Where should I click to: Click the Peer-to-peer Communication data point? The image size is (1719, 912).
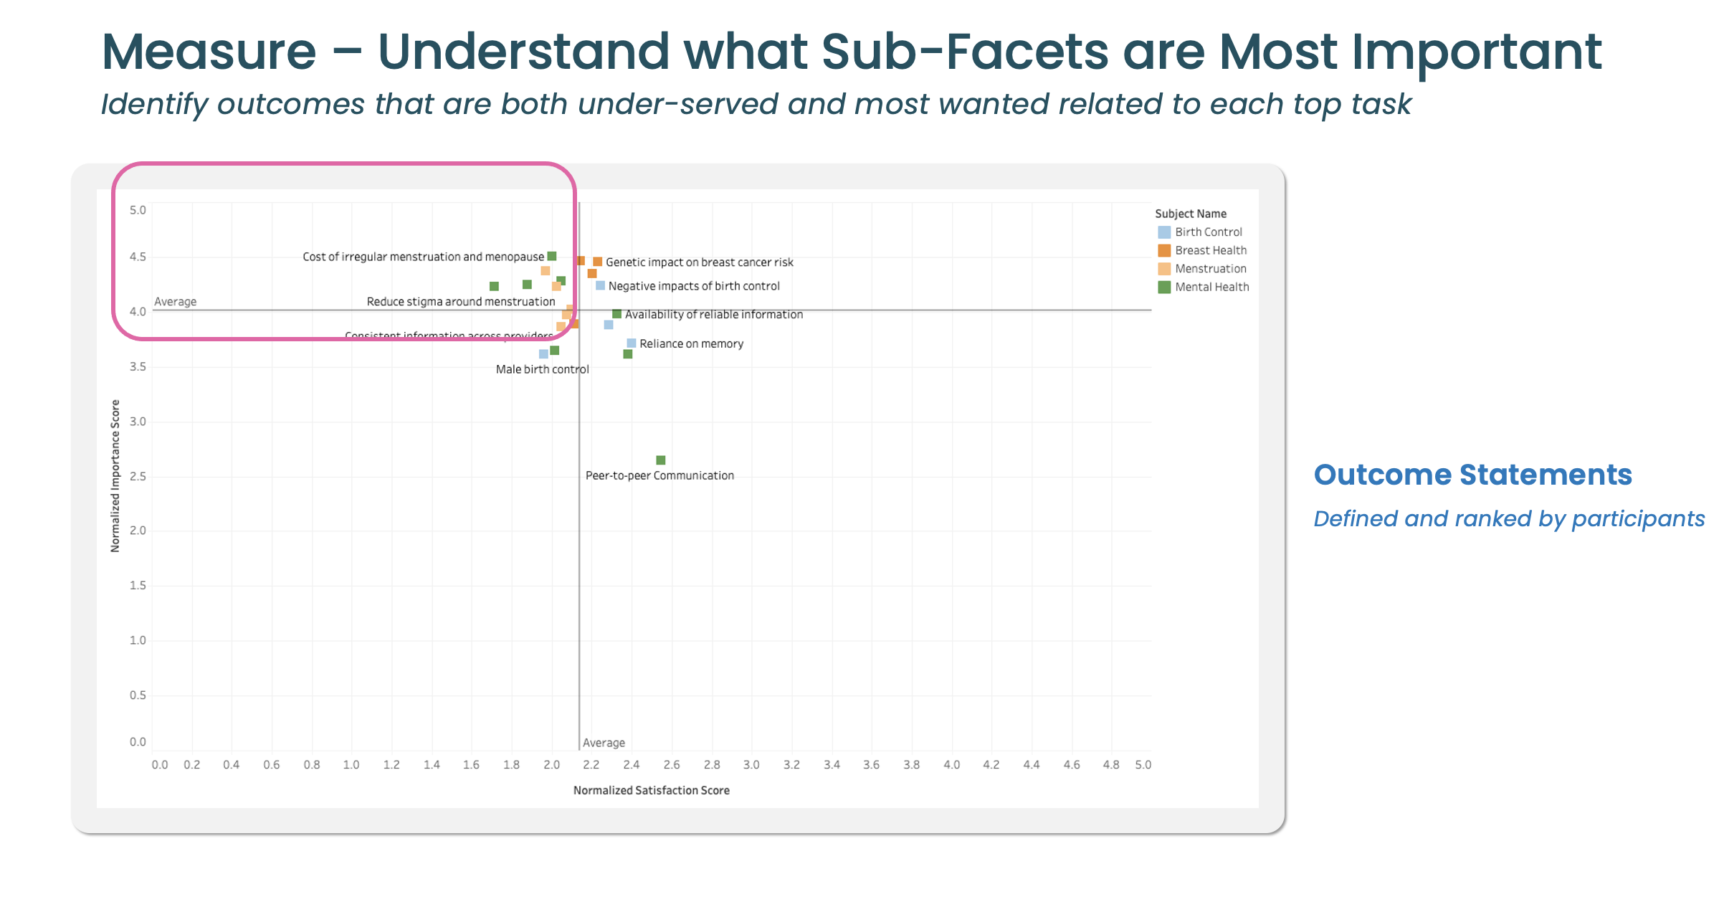coord(660,460)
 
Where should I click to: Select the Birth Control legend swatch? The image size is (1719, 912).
coord(1164,232)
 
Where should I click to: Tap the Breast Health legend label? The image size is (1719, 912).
coord(1211,250)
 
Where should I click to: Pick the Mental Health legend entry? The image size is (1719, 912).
coord(1211,287)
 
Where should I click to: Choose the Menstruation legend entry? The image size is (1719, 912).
coord(1210,269)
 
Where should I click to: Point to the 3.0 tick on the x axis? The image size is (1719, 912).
coord(751,765)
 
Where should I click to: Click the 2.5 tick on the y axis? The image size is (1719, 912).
coord(138,477)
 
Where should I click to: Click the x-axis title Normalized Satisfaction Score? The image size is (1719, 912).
coord(651,790)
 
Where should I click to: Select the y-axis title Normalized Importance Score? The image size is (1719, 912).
coord(115,476)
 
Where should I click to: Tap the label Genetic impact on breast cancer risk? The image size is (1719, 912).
coord(699,262)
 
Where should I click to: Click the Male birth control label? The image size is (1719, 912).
coord(542,369)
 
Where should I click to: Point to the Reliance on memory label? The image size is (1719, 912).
coord(691,344)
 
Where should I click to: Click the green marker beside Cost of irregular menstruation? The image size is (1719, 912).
coord(552,256)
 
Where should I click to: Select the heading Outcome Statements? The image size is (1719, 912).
coord(1472,475)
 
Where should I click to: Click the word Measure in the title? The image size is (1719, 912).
coord(209,52)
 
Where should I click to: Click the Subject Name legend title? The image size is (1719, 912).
coord(1191,214)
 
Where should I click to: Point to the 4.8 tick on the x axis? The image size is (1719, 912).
coord(1110,765)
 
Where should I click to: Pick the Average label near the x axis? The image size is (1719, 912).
coord(604,743)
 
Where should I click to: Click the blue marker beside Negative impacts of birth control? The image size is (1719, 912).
coord(600,285)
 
